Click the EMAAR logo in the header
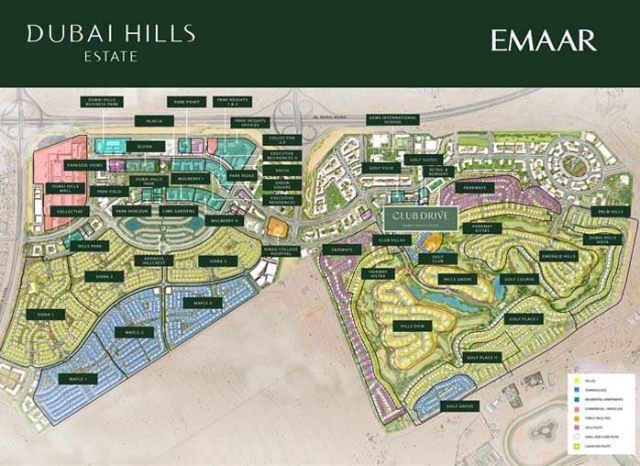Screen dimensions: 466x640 (x=543, y=40)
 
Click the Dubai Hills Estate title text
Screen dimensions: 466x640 (x=111, y=42)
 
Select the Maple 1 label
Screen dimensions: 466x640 (x=77, y=378)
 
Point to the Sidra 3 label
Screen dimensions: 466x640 (x=217, y=261)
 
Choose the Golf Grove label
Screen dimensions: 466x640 (x=459, y=405)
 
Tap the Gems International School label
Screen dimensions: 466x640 (x=392, y=120)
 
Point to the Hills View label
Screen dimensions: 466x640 (x=411, y=326)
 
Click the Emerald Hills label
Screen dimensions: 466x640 (x=558, y=256)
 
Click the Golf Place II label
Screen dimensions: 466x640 (x=482, y=357)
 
